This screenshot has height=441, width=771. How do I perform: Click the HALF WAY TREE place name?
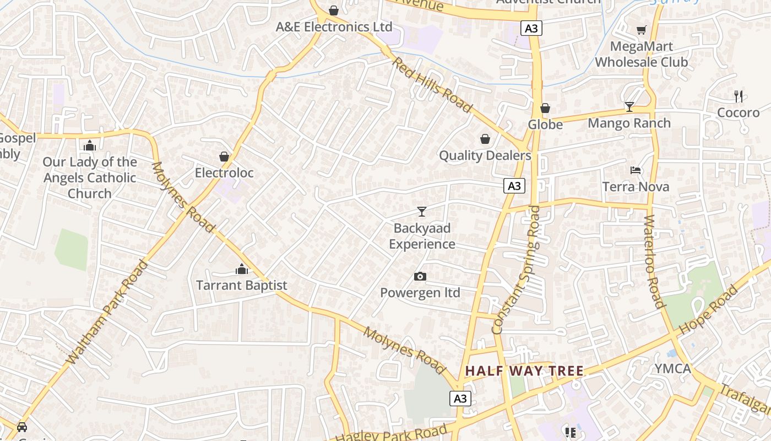point(524,370)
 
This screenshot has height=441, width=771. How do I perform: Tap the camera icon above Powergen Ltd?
point(420,276)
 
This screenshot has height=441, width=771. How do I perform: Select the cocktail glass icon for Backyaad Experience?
point(422,211)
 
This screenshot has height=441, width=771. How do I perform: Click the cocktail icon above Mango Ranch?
point(629,106)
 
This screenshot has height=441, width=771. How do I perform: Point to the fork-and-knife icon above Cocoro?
point(739,96)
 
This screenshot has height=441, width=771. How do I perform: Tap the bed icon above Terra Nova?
point(636,170)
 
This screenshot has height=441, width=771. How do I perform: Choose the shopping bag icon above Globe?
point(545,108)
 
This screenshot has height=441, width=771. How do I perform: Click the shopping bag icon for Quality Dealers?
point(485,139)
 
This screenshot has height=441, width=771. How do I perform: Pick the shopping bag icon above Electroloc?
point(224,157)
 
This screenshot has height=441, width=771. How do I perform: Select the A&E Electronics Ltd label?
point(334,26)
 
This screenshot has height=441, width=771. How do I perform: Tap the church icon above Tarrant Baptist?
point(242,269)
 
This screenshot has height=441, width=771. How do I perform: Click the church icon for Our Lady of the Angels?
point(90,146)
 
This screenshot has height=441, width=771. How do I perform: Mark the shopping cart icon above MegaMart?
point(641,30)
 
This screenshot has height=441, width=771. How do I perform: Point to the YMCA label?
point(672,368)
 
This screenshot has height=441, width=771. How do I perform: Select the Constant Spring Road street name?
point(517,270)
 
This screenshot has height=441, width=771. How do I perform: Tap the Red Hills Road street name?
point(432,84)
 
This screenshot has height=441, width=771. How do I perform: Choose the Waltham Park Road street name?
point(107,312)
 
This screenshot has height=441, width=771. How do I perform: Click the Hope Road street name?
point(708,310)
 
